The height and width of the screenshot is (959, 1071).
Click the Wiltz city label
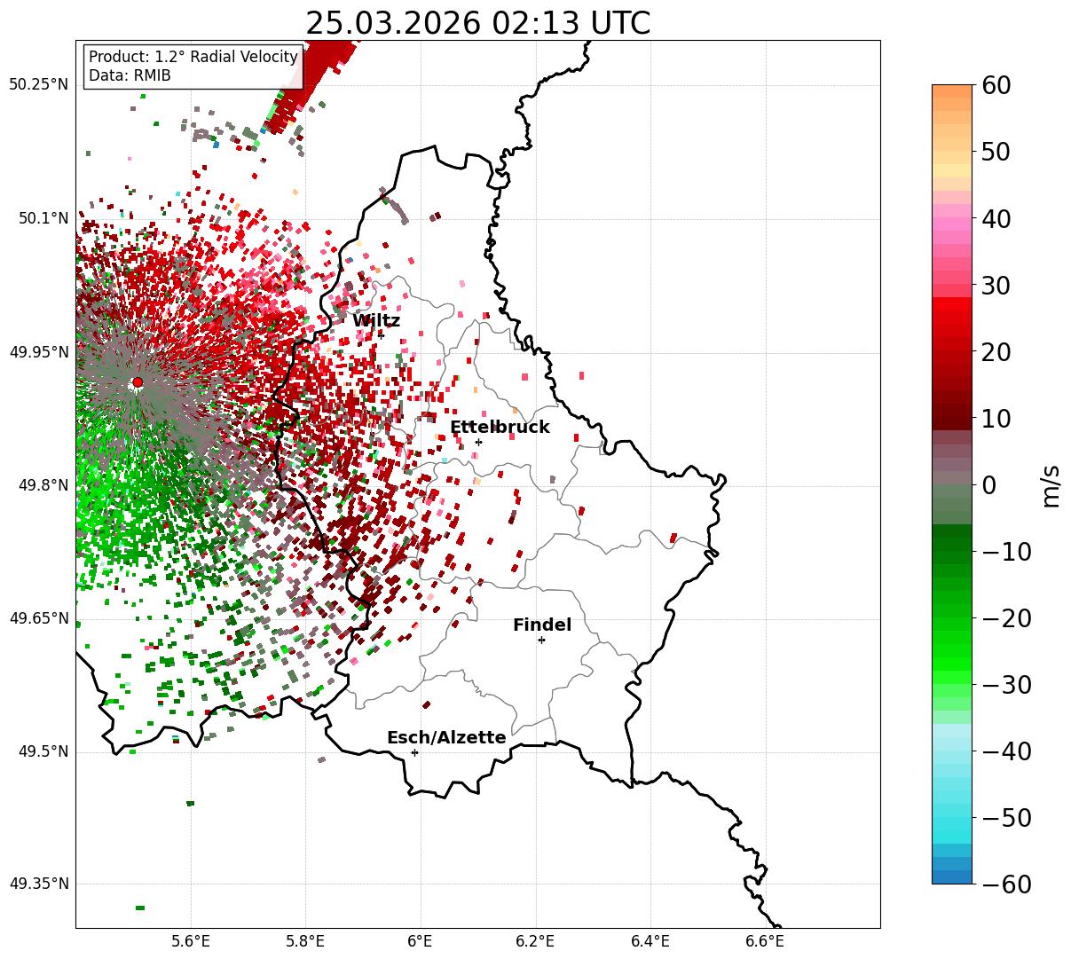(x=375, y=321)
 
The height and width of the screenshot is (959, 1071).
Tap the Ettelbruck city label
(x=500, y=428)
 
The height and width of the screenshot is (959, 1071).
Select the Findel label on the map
(x=542, y=625)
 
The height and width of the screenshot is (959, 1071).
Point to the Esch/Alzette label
(x=446, y=738)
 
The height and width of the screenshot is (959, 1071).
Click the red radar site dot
(x=137, y=382)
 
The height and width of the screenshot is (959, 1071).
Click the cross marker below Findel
(x=541, y=640)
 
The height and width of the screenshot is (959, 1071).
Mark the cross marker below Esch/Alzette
(x=414, y=752)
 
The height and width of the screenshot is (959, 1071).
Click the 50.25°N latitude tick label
(x=38, y=85)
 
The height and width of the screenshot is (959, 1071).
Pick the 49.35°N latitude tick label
(x=38, y=884)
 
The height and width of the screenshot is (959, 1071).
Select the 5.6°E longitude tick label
(x=191, y=940)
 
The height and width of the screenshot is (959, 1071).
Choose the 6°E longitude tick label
(x=421, y=940)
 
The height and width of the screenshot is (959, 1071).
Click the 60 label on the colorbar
(x=996, y=86)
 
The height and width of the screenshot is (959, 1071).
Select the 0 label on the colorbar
(x=988, y=485)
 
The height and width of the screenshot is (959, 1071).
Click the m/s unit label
(x=1051, y=486)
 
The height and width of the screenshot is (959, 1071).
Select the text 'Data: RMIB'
(x=130, y=75)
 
